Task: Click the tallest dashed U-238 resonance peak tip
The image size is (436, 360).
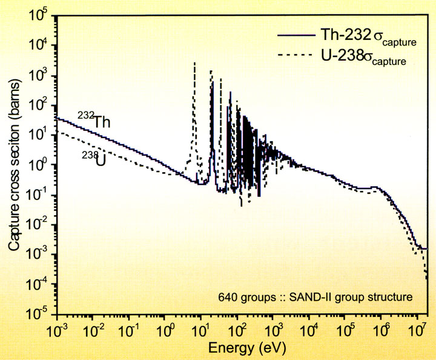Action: pyautogui.click(x=194, y=62)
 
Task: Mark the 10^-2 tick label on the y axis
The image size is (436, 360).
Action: pyautogui.click(x=42, y=224)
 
